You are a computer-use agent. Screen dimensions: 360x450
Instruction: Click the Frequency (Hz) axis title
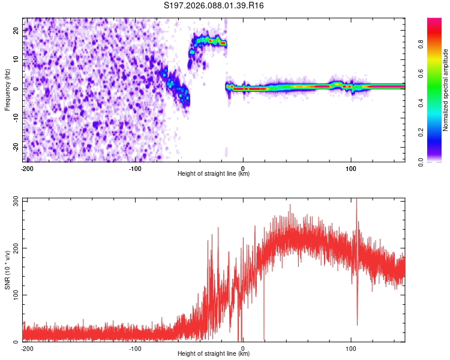click(8, 89)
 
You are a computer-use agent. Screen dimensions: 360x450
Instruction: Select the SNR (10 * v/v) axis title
click(8, 269)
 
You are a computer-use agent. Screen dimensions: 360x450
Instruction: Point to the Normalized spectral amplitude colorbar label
click(446, 90)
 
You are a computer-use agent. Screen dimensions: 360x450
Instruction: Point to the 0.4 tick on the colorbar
click(437, 103)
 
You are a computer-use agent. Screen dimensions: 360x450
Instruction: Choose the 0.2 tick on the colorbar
click(437, 132)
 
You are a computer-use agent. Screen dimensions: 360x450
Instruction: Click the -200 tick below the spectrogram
click(27, 168)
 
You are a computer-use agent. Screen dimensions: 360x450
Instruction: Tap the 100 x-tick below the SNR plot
click(351, 348)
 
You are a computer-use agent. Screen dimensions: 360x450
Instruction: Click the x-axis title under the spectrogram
click(214, 174)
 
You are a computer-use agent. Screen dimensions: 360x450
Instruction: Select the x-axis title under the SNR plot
click(214, 354)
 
